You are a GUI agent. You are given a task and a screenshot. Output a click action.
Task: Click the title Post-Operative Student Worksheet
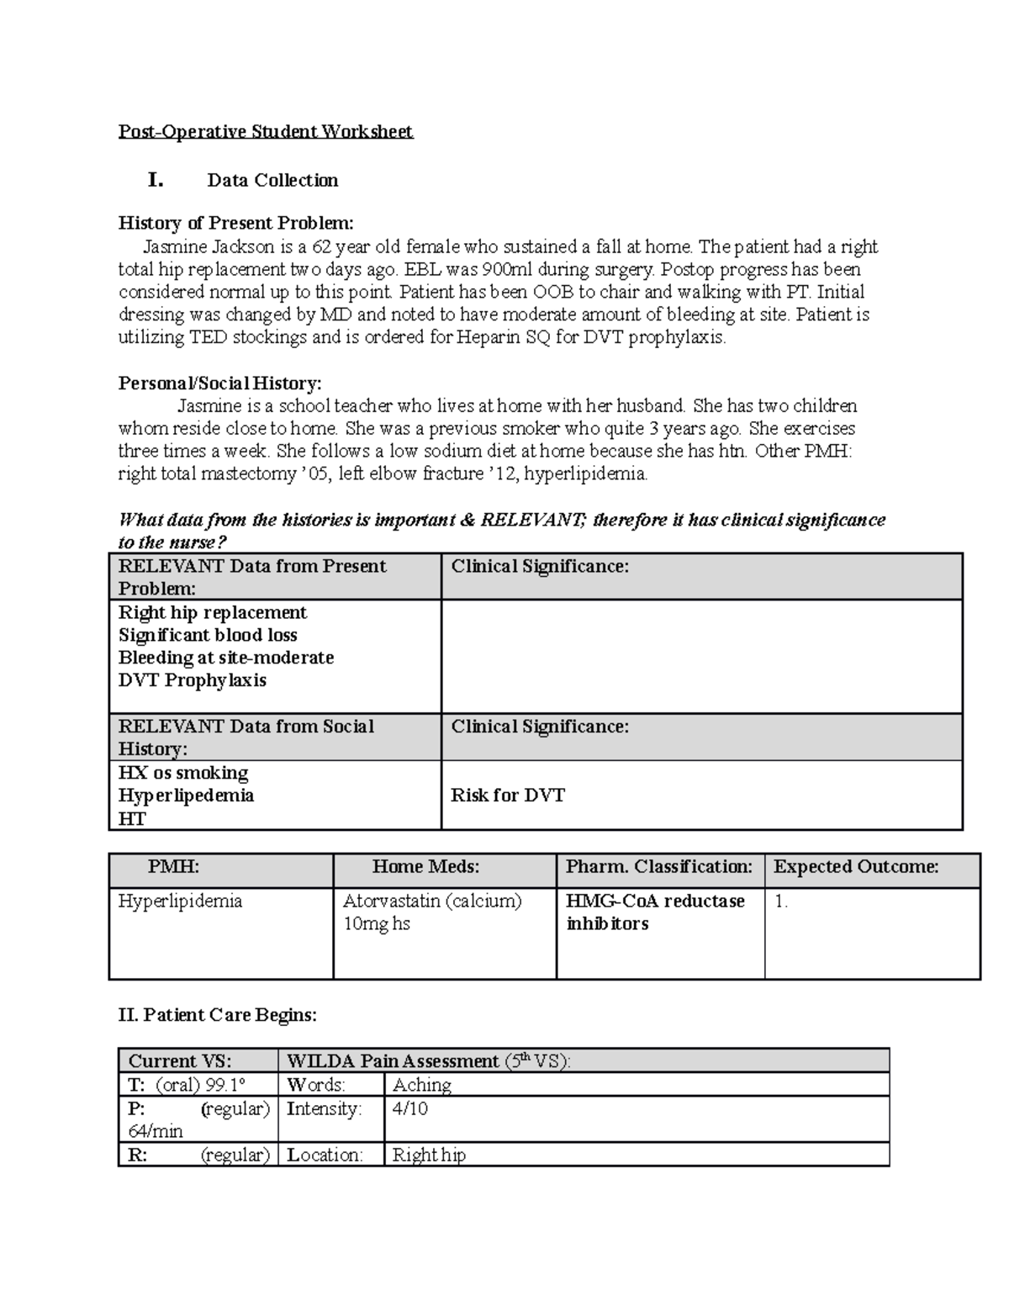tap(265, 131)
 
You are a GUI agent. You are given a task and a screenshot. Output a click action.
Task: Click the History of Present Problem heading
tap(235, 223)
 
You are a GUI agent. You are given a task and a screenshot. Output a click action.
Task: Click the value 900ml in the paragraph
tap(500, 269)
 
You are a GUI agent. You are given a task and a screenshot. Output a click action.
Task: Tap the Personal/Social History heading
tap(219, 383)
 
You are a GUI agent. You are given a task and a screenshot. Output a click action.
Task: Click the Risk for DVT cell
tap(508, 796)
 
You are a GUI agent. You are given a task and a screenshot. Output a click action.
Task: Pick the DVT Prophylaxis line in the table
tap(192, 680)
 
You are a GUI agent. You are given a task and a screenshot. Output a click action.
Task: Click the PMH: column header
tap(174, 867)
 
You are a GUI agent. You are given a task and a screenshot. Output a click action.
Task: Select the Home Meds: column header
tap(425, 867)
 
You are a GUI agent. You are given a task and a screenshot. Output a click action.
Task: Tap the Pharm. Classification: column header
tap(659, 867)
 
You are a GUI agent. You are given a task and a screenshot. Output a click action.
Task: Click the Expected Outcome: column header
tap(855, 867)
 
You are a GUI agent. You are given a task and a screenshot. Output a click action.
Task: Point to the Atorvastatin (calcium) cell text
tap(432, 902)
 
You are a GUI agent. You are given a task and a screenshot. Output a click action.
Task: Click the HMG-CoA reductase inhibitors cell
tap(655, 912)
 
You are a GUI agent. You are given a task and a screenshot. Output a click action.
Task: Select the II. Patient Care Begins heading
tap(218, 1015)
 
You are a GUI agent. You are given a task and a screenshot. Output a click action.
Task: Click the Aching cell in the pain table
tap(422, 1085)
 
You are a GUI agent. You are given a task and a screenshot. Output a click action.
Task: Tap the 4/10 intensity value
tap(410, 1108)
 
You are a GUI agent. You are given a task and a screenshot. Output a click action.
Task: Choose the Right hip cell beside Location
tap(429, 1155)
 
